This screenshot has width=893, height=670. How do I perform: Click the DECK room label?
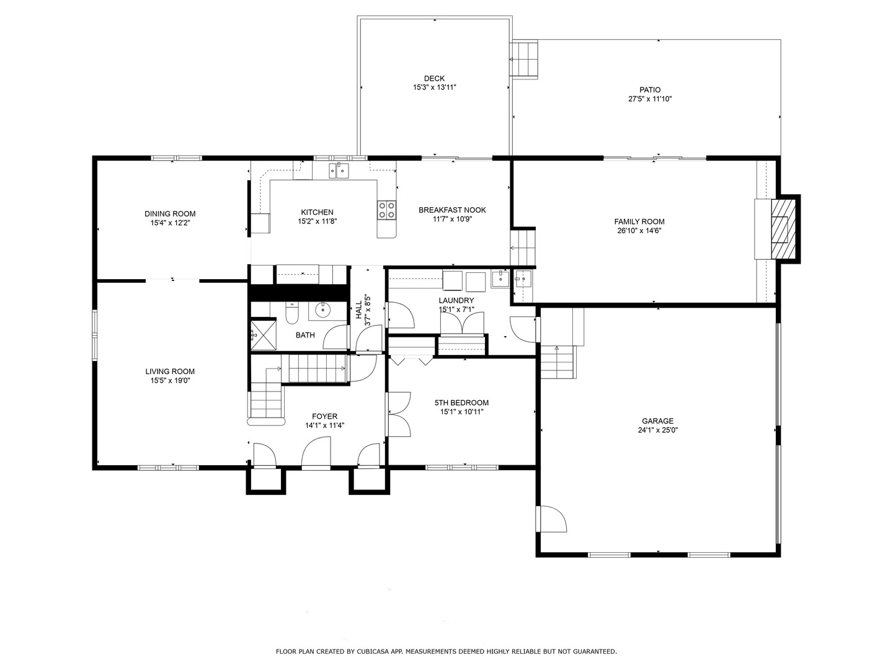pyautogui.click(x=434, y=79)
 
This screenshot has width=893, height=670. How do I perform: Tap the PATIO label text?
pyautogui.click(x=650, y=90)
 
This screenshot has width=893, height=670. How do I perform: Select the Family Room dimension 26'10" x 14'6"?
pyautogui.click(x=639, y=231)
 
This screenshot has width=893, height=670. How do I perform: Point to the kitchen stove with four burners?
pyautogui.click(x=386, y=210)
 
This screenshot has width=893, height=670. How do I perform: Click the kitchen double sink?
pyautogui.click(x=339, y=171)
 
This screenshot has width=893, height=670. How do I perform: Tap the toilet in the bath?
pyautogui.click(x=292, y=313)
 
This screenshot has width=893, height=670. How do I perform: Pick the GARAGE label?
pyautogui.click(x=657, y=421)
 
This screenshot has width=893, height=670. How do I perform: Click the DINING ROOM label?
pyautogui.click(x=170, y=214)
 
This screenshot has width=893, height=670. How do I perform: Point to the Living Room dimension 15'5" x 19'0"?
pyautogui.click(x=170, y=380)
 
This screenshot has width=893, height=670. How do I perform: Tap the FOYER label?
pyautogui.click(x=325, y=416)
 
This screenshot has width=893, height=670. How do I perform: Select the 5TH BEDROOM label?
pyautogui.click(x=461, y=403)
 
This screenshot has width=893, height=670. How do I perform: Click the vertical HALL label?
pyautogui.click(x=359, y=310)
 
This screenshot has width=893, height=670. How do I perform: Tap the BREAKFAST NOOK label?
pyautogui.click(x=452, y=210)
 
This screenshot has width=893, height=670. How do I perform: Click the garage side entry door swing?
pyautogui.click(x=551, y=519)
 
